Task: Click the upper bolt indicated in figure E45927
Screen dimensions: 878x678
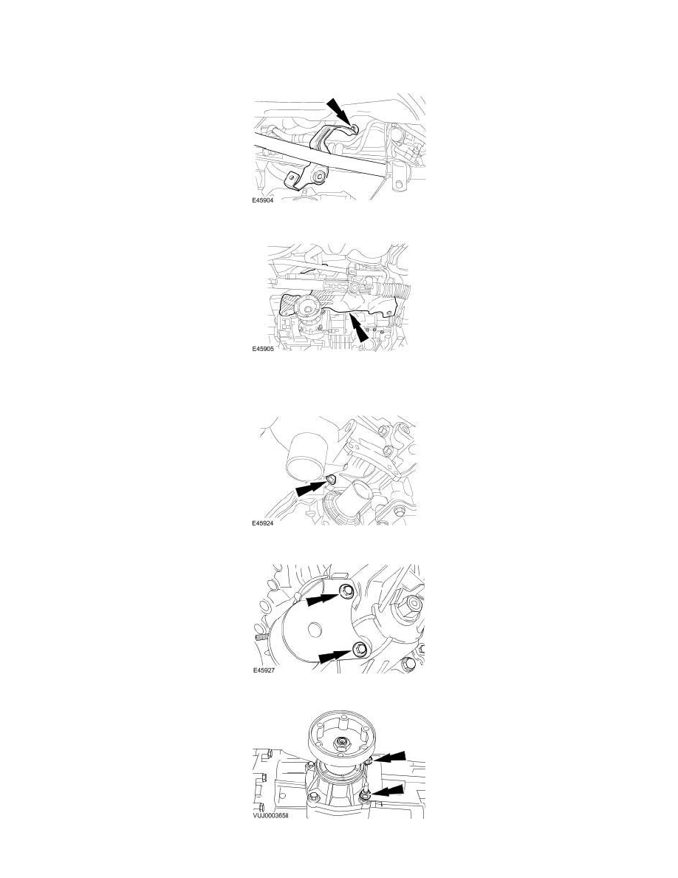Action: (x=346, y=589)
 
